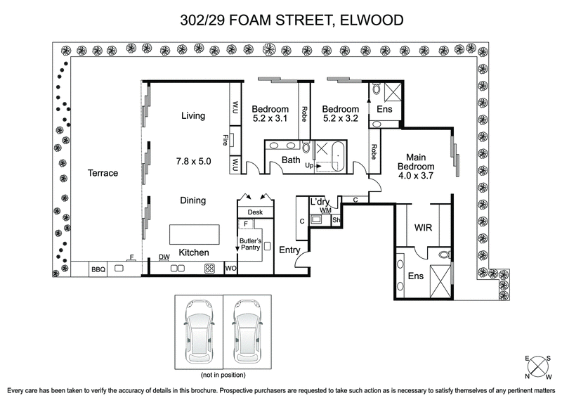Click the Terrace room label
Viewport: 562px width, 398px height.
tap(103, 173)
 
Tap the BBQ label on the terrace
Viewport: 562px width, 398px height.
tap(96, 269)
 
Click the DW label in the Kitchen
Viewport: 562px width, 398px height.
tap(164, 257)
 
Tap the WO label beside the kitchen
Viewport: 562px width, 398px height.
tap(230, 269)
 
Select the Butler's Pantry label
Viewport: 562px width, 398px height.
tap(250, 245)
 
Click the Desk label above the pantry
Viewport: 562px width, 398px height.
tap(254, 212)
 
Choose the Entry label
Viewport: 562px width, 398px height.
tap(290, 250)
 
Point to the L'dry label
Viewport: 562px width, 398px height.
tap(320, 202)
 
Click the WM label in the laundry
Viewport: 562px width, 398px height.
tap(325, 210)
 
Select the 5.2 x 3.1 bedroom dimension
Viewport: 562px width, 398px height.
tap(270, 120)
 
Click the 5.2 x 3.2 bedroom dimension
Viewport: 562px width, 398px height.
tap(341, 120)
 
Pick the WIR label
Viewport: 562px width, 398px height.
tap(423, 228)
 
